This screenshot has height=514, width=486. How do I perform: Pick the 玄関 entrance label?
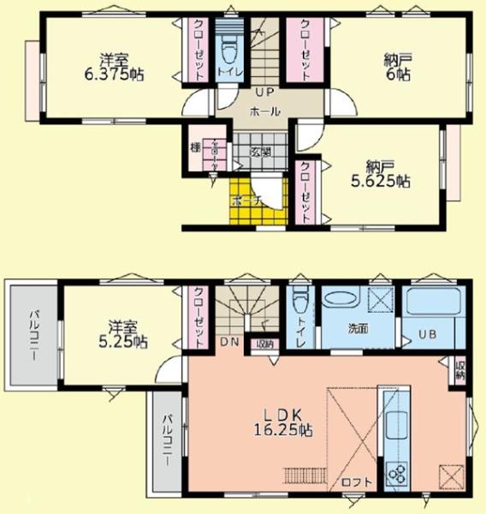coord(261,152)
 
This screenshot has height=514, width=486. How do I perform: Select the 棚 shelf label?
coord(195,148)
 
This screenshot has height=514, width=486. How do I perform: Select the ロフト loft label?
coord(358,481)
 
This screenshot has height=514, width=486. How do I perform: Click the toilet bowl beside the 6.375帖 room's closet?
coord(228,51)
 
